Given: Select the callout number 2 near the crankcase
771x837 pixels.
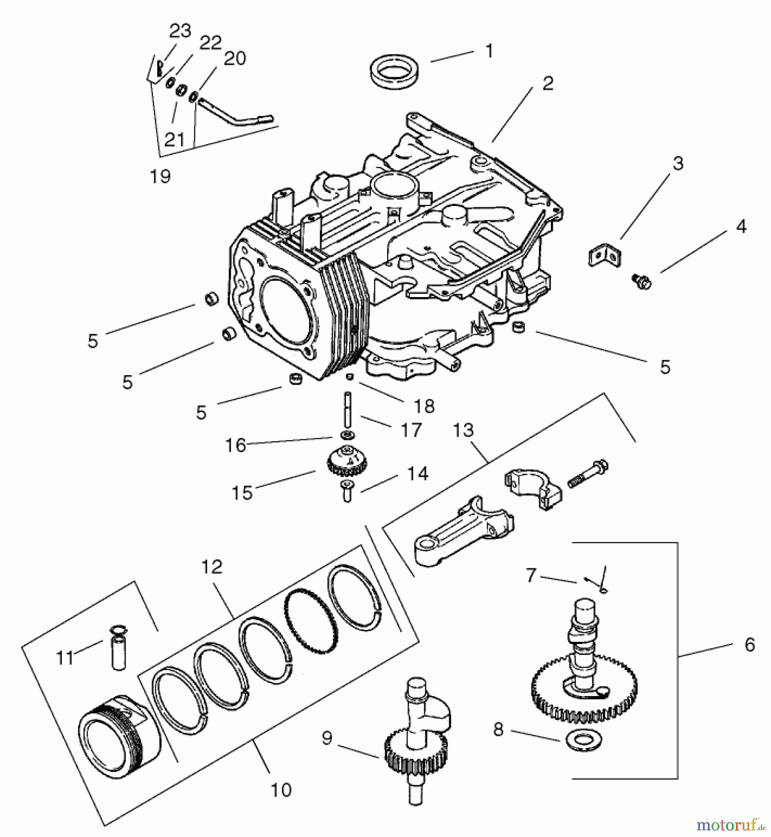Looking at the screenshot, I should click(548, 84).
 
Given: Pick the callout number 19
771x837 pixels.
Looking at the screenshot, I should click(161, 176).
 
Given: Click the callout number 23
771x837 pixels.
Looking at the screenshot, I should click(180, 31).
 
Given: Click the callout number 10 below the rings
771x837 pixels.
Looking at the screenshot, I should click(281, 790).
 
